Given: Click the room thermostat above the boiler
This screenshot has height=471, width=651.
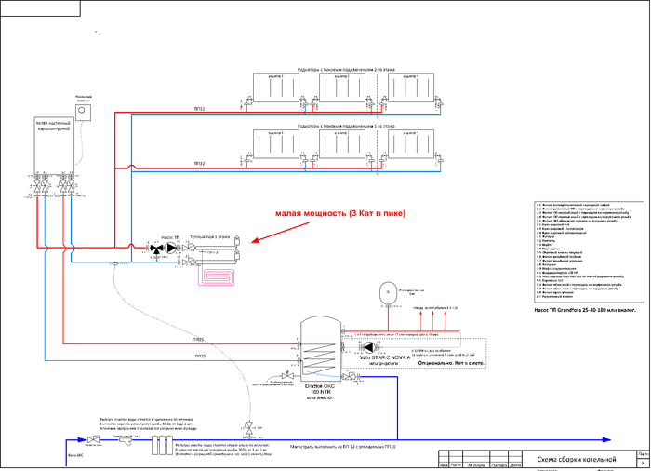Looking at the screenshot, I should (x=82, y=110).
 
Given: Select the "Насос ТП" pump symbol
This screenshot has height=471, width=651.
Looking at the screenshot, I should (x=168, y=249).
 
